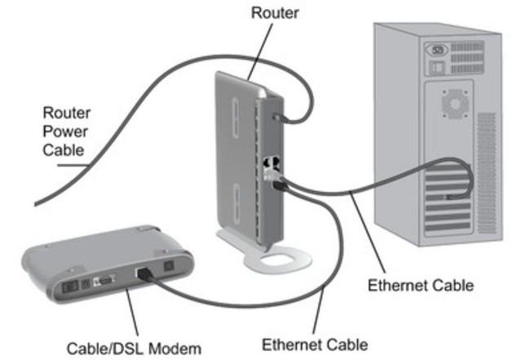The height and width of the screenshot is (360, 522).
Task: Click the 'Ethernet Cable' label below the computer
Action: coord(421,286)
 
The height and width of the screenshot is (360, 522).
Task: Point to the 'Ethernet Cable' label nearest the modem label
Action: coord(315,344)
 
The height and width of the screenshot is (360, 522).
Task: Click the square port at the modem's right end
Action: coord(169,264)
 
